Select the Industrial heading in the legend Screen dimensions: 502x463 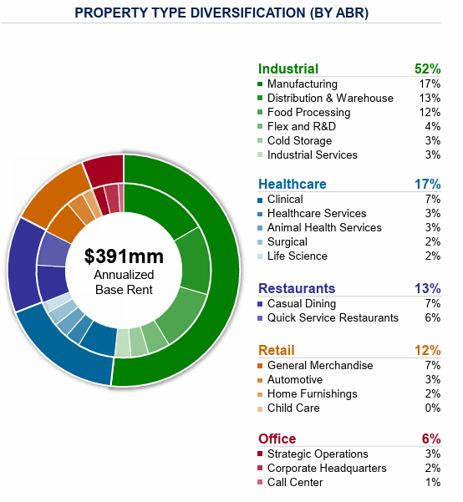[288, 69]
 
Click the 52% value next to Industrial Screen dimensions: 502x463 [427, 69]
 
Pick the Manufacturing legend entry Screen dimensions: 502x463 [302, 84]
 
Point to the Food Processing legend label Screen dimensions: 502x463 [308, 113]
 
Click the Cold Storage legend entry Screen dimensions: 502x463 [299, 141]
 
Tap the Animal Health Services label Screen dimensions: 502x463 [324, 228]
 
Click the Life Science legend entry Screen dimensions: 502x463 [297, 256]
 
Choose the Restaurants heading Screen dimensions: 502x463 [297, 289]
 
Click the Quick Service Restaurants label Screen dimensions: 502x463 [333, 318]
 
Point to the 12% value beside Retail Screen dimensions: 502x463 [427, 350]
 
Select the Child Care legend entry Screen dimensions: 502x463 [293, 408]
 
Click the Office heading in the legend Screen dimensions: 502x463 [277, 439]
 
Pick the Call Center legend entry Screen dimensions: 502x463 [296, 483]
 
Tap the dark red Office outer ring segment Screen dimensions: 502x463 [104, 169]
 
